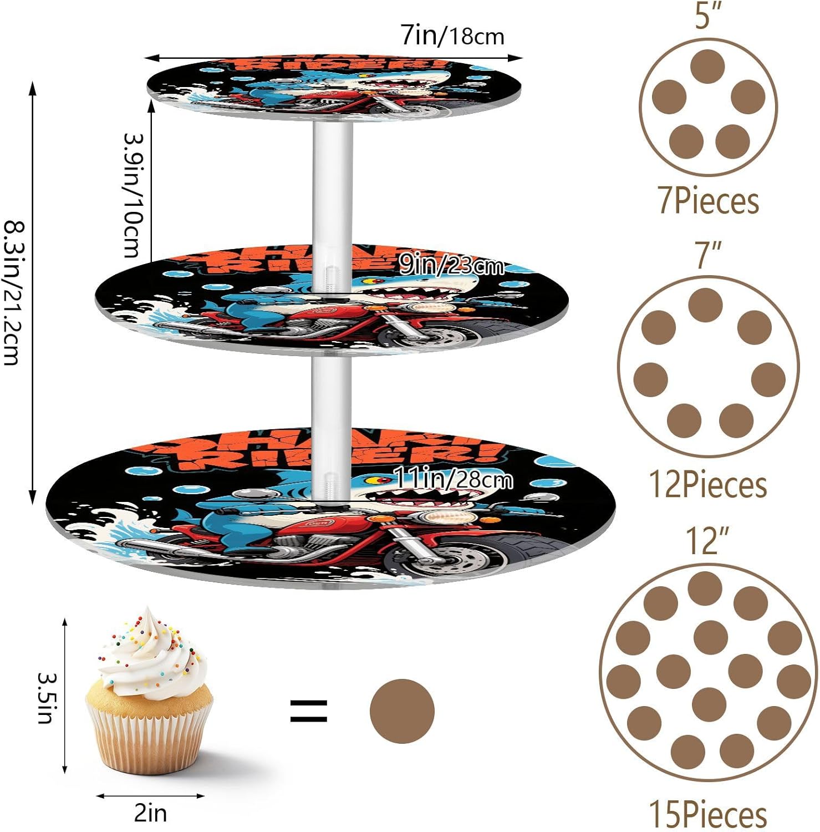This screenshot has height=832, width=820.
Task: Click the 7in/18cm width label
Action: pyautogui.click(x=452, y=37)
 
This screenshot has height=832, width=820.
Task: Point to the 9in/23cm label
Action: pyautogui.click(x=452, y=266)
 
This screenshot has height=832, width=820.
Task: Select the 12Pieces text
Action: pyautogui.click(x=708, y=485)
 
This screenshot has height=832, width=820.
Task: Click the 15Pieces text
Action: pyautogui.click(x=708, y=814)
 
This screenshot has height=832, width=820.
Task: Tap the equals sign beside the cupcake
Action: pyautogui.click(x=309, y=711)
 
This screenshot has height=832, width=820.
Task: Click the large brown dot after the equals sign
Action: pyautogui.click(x=402, y=711)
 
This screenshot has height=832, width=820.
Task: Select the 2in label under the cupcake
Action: pyautogui.click(x=150, y=813)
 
